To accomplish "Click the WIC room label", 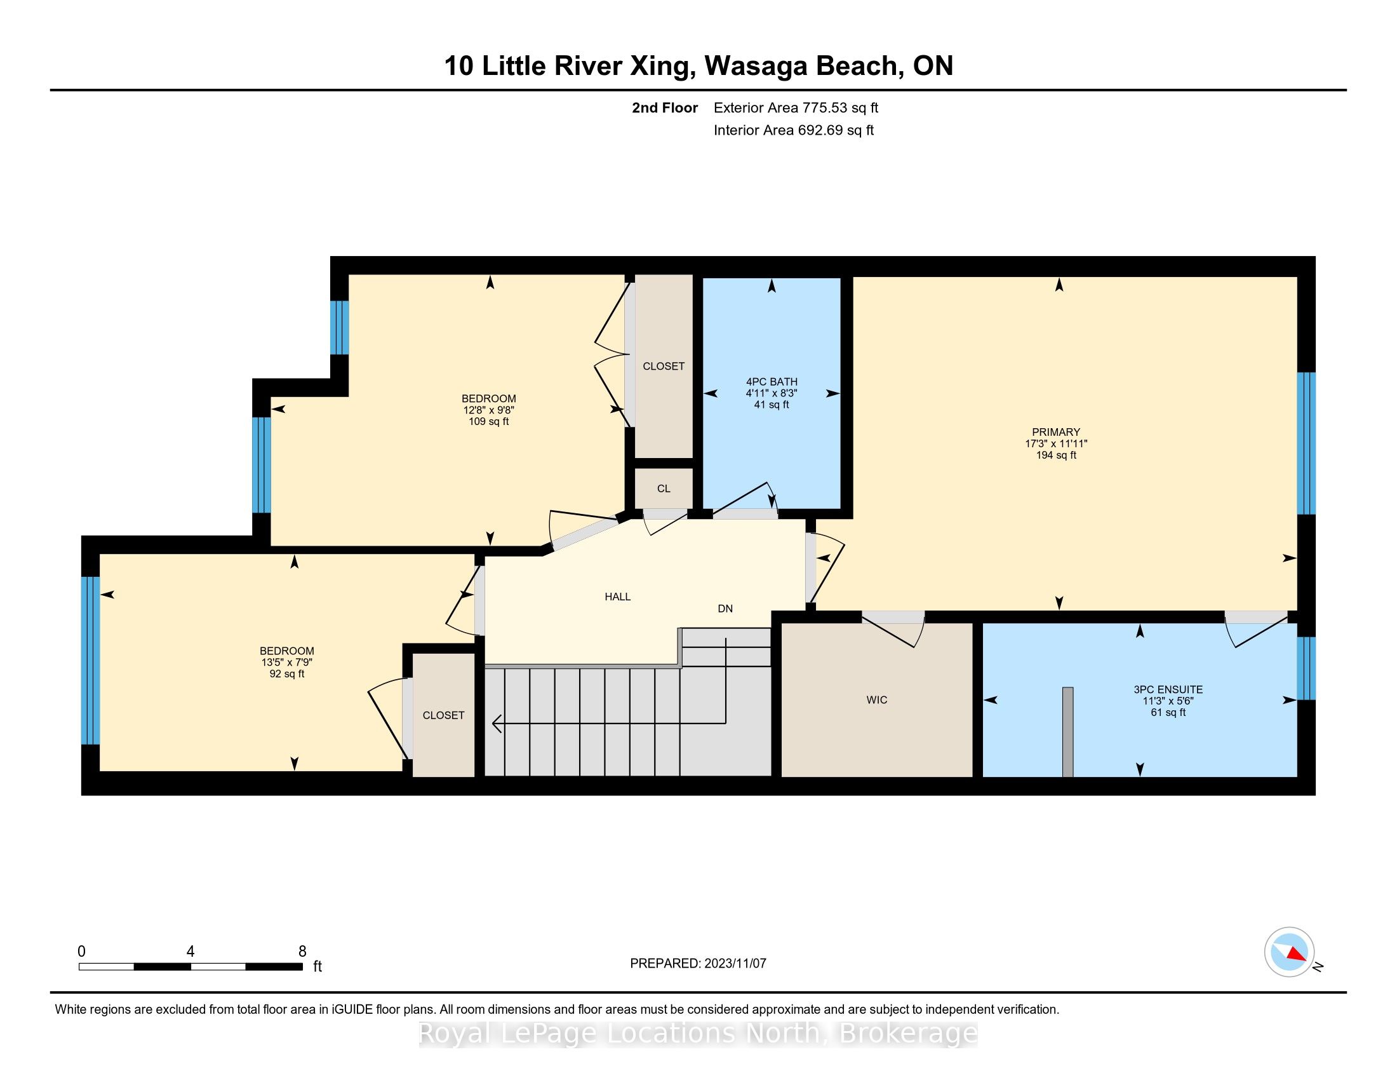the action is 876,700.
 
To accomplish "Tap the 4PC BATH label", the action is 772,382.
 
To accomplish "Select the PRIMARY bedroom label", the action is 1056,432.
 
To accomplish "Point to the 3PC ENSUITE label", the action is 1168,690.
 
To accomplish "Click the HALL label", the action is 618,597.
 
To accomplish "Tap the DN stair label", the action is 725,609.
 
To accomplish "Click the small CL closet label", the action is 664,489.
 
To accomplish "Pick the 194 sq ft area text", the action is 1056,456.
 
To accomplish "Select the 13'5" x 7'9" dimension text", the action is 287,663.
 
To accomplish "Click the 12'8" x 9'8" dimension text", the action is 489,410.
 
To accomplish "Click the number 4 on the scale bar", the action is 190,952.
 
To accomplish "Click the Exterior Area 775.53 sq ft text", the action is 796,108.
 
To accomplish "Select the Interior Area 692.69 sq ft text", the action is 794,130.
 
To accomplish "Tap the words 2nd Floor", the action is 665,108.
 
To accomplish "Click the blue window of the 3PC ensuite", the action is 1306,668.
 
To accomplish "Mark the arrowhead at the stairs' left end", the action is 497,724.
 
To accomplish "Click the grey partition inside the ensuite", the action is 1067,732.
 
